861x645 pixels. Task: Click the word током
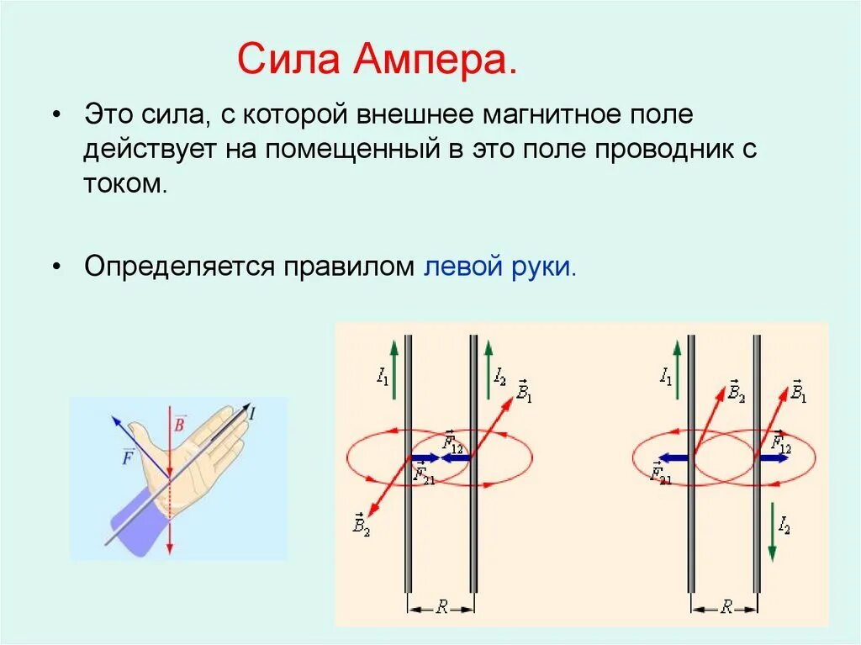coord(125,183)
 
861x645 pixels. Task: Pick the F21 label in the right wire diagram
coord(660,473)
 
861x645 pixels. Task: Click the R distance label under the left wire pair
coord(441,606)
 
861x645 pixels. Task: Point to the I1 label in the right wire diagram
coord(666,377)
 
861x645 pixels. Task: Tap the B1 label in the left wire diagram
coord(524,391)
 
